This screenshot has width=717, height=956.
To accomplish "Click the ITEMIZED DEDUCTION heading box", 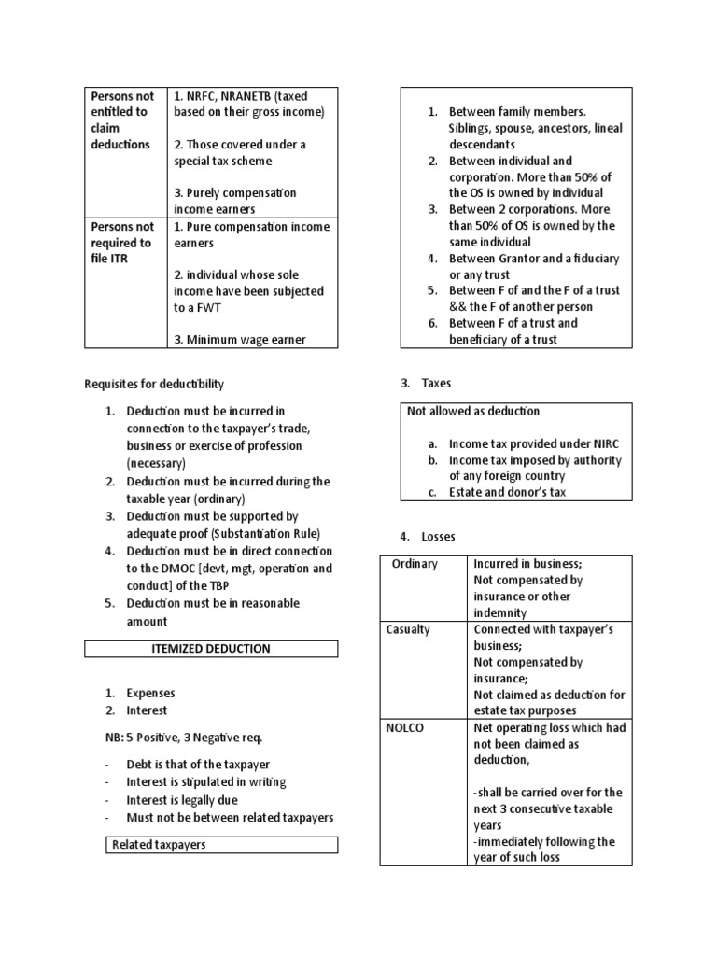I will point(211,648).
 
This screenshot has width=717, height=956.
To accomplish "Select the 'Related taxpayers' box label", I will point(159,845).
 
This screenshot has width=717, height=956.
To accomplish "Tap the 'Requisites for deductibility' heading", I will point(154,384).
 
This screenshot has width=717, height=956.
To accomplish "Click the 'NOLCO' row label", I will point(404,727).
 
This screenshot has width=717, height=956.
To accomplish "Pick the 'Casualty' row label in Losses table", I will point(408,629).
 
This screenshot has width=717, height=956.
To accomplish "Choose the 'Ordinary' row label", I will point(415,564).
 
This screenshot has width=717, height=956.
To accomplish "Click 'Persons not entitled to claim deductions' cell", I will point(122,120).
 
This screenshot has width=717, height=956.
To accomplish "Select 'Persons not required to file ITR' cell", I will point(122,242).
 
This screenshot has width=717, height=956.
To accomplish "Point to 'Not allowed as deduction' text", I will point(473,411).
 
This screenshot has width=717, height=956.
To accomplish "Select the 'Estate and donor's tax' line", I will point(507,492).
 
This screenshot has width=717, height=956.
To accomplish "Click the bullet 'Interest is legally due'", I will point(182,800).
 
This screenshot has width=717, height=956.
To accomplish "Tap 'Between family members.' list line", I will point(517,112).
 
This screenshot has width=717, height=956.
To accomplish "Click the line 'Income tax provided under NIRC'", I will point(533,443).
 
